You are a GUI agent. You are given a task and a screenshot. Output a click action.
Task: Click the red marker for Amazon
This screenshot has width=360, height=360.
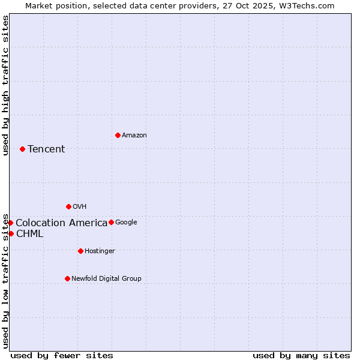point(118,135)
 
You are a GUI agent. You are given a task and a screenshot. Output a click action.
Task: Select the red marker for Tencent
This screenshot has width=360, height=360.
point(22,149)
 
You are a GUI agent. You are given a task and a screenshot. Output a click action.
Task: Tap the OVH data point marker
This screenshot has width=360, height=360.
point(68,206)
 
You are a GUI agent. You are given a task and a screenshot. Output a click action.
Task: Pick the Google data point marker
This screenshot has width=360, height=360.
point(111,222)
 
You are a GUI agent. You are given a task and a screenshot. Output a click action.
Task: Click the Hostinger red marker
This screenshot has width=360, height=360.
point(80,251)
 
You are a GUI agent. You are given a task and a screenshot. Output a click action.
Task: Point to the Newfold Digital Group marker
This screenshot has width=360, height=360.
point(67,278)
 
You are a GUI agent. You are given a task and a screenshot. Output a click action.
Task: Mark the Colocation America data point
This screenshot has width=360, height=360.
point(10,223)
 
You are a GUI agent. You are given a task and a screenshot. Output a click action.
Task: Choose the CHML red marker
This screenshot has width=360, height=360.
point(11,233)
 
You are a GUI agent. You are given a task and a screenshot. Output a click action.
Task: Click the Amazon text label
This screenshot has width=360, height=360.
point(134,136)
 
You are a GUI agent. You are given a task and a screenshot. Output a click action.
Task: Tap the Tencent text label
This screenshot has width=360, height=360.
point(46,149)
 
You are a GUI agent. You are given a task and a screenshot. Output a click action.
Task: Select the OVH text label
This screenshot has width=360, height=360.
point(80,207)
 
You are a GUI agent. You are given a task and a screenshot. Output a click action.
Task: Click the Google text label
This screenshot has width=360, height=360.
point(126,223)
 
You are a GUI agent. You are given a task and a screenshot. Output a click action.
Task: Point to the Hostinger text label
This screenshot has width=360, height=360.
point(100,251)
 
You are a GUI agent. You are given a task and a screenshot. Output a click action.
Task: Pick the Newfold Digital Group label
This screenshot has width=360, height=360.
point(106,279)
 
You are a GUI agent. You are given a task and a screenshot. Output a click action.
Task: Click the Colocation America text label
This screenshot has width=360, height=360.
point(61,223)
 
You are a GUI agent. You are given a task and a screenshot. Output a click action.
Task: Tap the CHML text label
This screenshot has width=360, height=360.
point(29,234)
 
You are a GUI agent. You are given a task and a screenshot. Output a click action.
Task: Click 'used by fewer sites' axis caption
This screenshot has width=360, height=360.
point(62,355)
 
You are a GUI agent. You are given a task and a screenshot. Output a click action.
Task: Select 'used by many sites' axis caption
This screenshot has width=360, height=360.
point(301,355)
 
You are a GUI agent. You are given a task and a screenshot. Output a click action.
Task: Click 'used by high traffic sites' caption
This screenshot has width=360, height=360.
point(5,85)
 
